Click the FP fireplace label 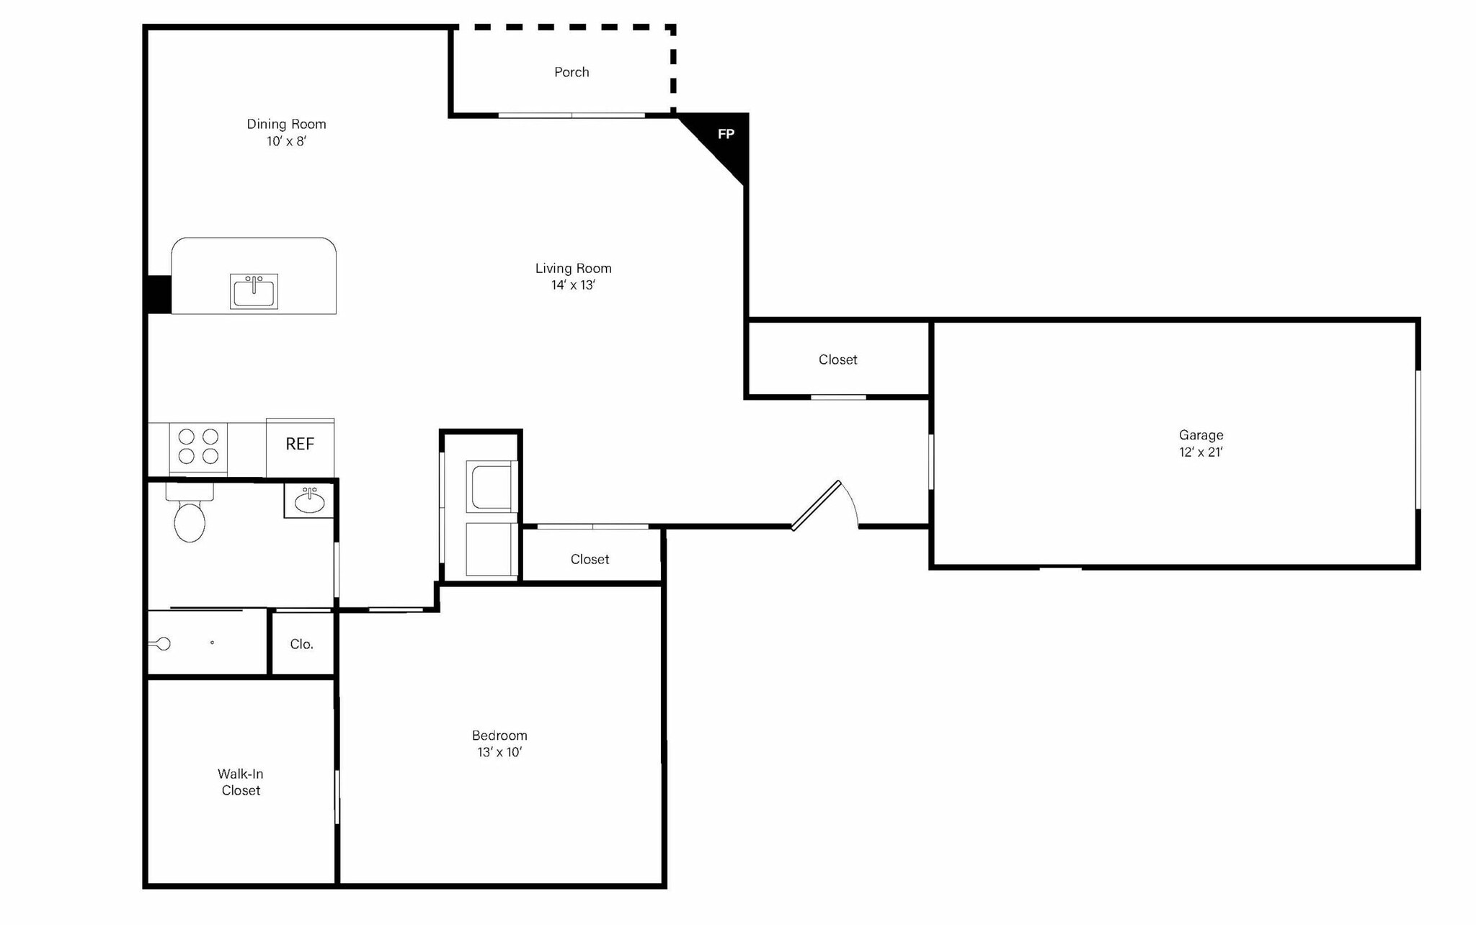[x=726, y=134]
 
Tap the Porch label [x=572, y=72]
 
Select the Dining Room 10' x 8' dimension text [x=286, y=141]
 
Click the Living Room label [x=573, y=268]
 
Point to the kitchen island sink [x=254, y=291]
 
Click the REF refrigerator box [x=300, y=444]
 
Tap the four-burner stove [x=198, y=447]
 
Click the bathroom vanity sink [x=310, y=501]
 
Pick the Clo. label [x=301, y=644]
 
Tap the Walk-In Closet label [x=241, y=782]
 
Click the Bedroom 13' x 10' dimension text [x=499, y=752]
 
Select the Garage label [x=1201, y=435]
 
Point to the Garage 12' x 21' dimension [x=1201, y=452]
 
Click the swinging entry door [x=817, y=505]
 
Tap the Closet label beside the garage [x=837, y=359]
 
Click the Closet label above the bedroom [x=590, y=559]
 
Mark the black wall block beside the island [x=158, y=295]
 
